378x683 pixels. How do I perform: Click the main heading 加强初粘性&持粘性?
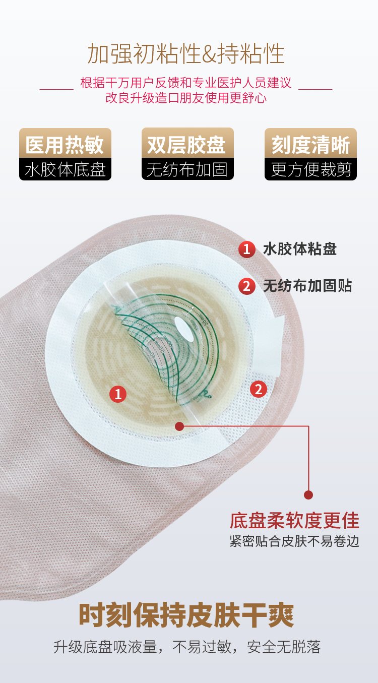[186, 53]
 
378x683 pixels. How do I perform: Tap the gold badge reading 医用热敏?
[65, 143]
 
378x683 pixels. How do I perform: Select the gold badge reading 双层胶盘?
[187, 143]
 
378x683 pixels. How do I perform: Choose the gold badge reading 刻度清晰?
[310, 143]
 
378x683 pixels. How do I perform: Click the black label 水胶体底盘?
[65, 169]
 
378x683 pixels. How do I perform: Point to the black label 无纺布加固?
[187, 169]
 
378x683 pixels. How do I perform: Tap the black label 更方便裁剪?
[310, 169]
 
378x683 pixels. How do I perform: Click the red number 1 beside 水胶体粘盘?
[246, 249]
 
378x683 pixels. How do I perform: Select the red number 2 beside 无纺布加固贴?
[246, 286]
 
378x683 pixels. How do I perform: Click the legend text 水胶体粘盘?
[300, 249]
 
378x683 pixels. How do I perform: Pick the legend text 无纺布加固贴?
[307, 286]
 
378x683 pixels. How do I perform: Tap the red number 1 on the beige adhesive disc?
[118, 394]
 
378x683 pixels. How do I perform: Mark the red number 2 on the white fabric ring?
[259, 389]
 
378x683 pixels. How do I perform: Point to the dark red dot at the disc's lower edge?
[179, 426]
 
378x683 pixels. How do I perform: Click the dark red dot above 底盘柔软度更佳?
[308, 494]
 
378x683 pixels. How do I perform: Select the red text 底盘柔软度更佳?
[294, 521]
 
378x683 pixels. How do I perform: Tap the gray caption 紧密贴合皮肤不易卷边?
[294, 541]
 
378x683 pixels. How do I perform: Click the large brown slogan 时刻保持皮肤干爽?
[186, 615]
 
